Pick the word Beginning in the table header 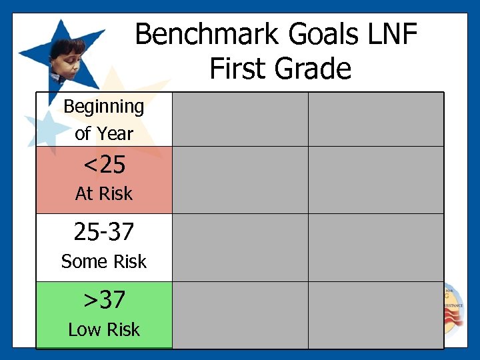coord(103,107)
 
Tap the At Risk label coord(103,194)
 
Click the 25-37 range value coord(103,232)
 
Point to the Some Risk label coord(103,262)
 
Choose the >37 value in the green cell coord(103,300)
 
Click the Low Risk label coord(103,329)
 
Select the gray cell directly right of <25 coord(240,180)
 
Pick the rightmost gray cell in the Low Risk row coord(375,315)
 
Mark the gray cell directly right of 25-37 coord(240,247)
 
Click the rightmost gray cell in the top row coord(375,119)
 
